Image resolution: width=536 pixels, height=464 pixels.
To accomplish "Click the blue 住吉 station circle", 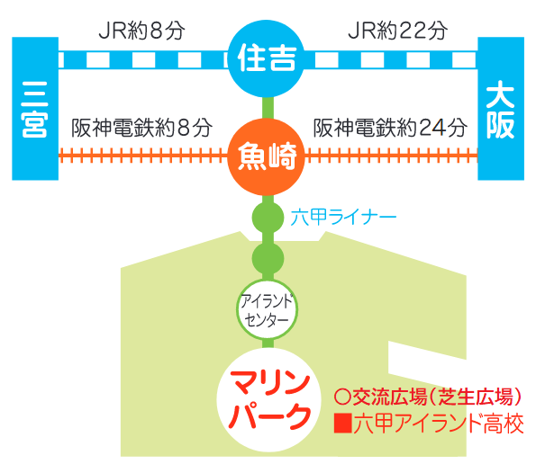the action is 266,58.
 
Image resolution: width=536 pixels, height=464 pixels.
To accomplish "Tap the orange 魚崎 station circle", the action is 266,157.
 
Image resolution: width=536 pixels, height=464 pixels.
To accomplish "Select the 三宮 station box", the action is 35,109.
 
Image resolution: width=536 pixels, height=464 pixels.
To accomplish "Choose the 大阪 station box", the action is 501,109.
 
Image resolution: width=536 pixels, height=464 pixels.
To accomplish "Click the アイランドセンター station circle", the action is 267,310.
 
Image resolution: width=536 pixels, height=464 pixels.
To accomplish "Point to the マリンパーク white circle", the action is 268,400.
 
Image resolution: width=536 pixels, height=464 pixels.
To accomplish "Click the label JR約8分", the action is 141,31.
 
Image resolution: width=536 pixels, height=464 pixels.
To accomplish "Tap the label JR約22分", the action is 398,31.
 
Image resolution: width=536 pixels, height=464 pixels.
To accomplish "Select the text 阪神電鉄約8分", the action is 141,128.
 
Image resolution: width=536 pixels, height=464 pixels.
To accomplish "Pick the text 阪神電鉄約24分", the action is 390,128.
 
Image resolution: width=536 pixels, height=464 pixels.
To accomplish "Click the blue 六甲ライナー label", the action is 343,217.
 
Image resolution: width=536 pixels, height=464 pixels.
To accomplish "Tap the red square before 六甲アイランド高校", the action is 343,424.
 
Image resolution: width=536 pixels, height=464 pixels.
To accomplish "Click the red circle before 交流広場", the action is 342,397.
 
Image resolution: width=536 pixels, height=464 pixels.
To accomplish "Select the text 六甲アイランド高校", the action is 439,424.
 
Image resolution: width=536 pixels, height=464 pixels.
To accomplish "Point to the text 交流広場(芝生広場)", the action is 438,397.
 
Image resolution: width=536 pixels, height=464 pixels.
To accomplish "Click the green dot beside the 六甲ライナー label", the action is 268,218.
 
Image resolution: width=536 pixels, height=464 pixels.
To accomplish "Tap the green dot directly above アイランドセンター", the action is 268,258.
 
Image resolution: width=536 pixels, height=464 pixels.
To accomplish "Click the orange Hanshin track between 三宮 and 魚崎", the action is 143,156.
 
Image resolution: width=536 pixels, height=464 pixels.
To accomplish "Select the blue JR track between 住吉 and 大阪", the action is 391,59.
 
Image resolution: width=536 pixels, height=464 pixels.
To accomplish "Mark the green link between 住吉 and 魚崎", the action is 268,108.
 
